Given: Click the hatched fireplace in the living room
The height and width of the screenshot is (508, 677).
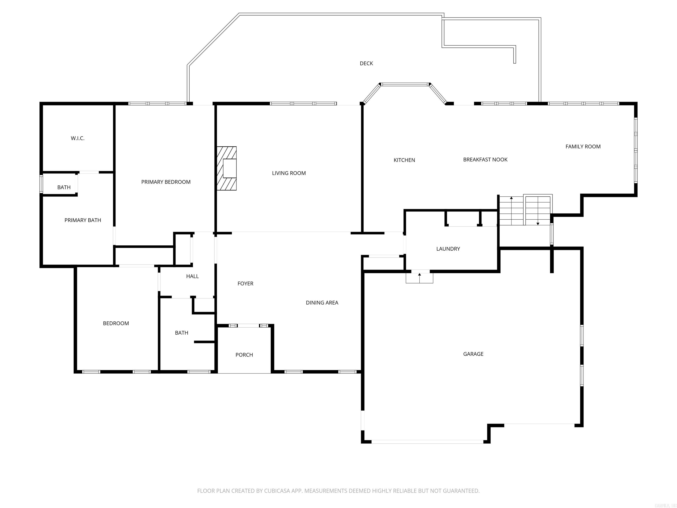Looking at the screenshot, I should (x=227, y=168).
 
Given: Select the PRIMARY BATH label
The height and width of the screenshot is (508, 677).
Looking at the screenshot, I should (x=83, y=220).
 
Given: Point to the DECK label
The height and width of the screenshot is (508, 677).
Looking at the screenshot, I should (x=366, y=63).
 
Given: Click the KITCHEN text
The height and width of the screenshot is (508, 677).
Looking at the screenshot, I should (x=404, y=160).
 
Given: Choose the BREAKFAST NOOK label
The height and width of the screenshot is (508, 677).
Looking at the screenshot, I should (x=485, y=160).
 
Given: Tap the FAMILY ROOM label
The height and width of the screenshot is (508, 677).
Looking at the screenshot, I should (x=583, y=147).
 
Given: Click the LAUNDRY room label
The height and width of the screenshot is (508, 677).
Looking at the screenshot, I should (x=448, y=249).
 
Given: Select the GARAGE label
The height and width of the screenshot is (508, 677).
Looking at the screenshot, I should (x=473, y=354).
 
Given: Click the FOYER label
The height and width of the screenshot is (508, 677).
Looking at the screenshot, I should (x=245, y=284).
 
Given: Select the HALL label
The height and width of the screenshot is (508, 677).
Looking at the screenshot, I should (x=192, y=276).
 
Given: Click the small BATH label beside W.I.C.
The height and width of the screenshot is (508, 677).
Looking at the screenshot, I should (x=64, y=187).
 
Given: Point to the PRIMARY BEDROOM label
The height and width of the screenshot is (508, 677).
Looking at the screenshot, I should (x=166, y=182).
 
